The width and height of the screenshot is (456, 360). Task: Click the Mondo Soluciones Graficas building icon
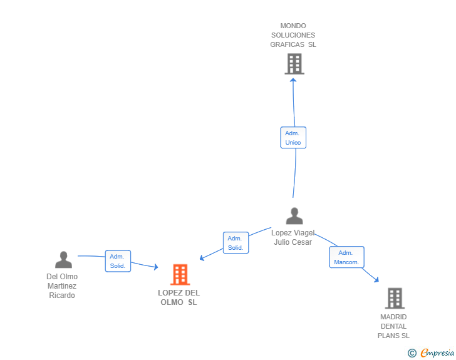294,64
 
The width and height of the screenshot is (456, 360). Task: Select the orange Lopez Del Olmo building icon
180,274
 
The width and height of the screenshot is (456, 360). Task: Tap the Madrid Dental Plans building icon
394,299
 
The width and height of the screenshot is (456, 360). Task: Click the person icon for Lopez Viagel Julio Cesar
294,216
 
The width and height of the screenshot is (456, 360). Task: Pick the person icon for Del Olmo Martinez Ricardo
63,260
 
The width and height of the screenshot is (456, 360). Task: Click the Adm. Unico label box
293,138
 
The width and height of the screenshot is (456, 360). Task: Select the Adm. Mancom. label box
346,257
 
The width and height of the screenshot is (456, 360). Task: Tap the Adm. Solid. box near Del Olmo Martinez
118,261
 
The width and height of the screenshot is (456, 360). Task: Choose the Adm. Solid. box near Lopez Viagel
236,243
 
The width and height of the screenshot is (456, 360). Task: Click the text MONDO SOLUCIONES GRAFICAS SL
293,35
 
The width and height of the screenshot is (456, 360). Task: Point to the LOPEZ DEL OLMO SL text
179,297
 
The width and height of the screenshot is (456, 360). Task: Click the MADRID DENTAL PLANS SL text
393,326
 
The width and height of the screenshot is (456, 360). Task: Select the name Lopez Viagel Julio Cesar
293,237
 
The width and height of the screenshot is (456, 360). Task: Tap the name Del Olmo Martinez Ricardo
62,285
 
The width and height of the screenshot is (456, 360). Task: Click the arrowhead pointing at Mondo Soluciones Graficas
294,80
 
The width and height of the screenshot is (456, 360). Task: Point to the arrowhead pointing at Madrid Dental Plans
376,279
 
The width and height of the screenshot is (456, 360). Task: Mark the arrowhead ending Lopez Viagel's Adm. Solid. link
202,257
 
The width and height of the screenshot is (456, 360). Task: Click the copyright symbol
412,353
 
